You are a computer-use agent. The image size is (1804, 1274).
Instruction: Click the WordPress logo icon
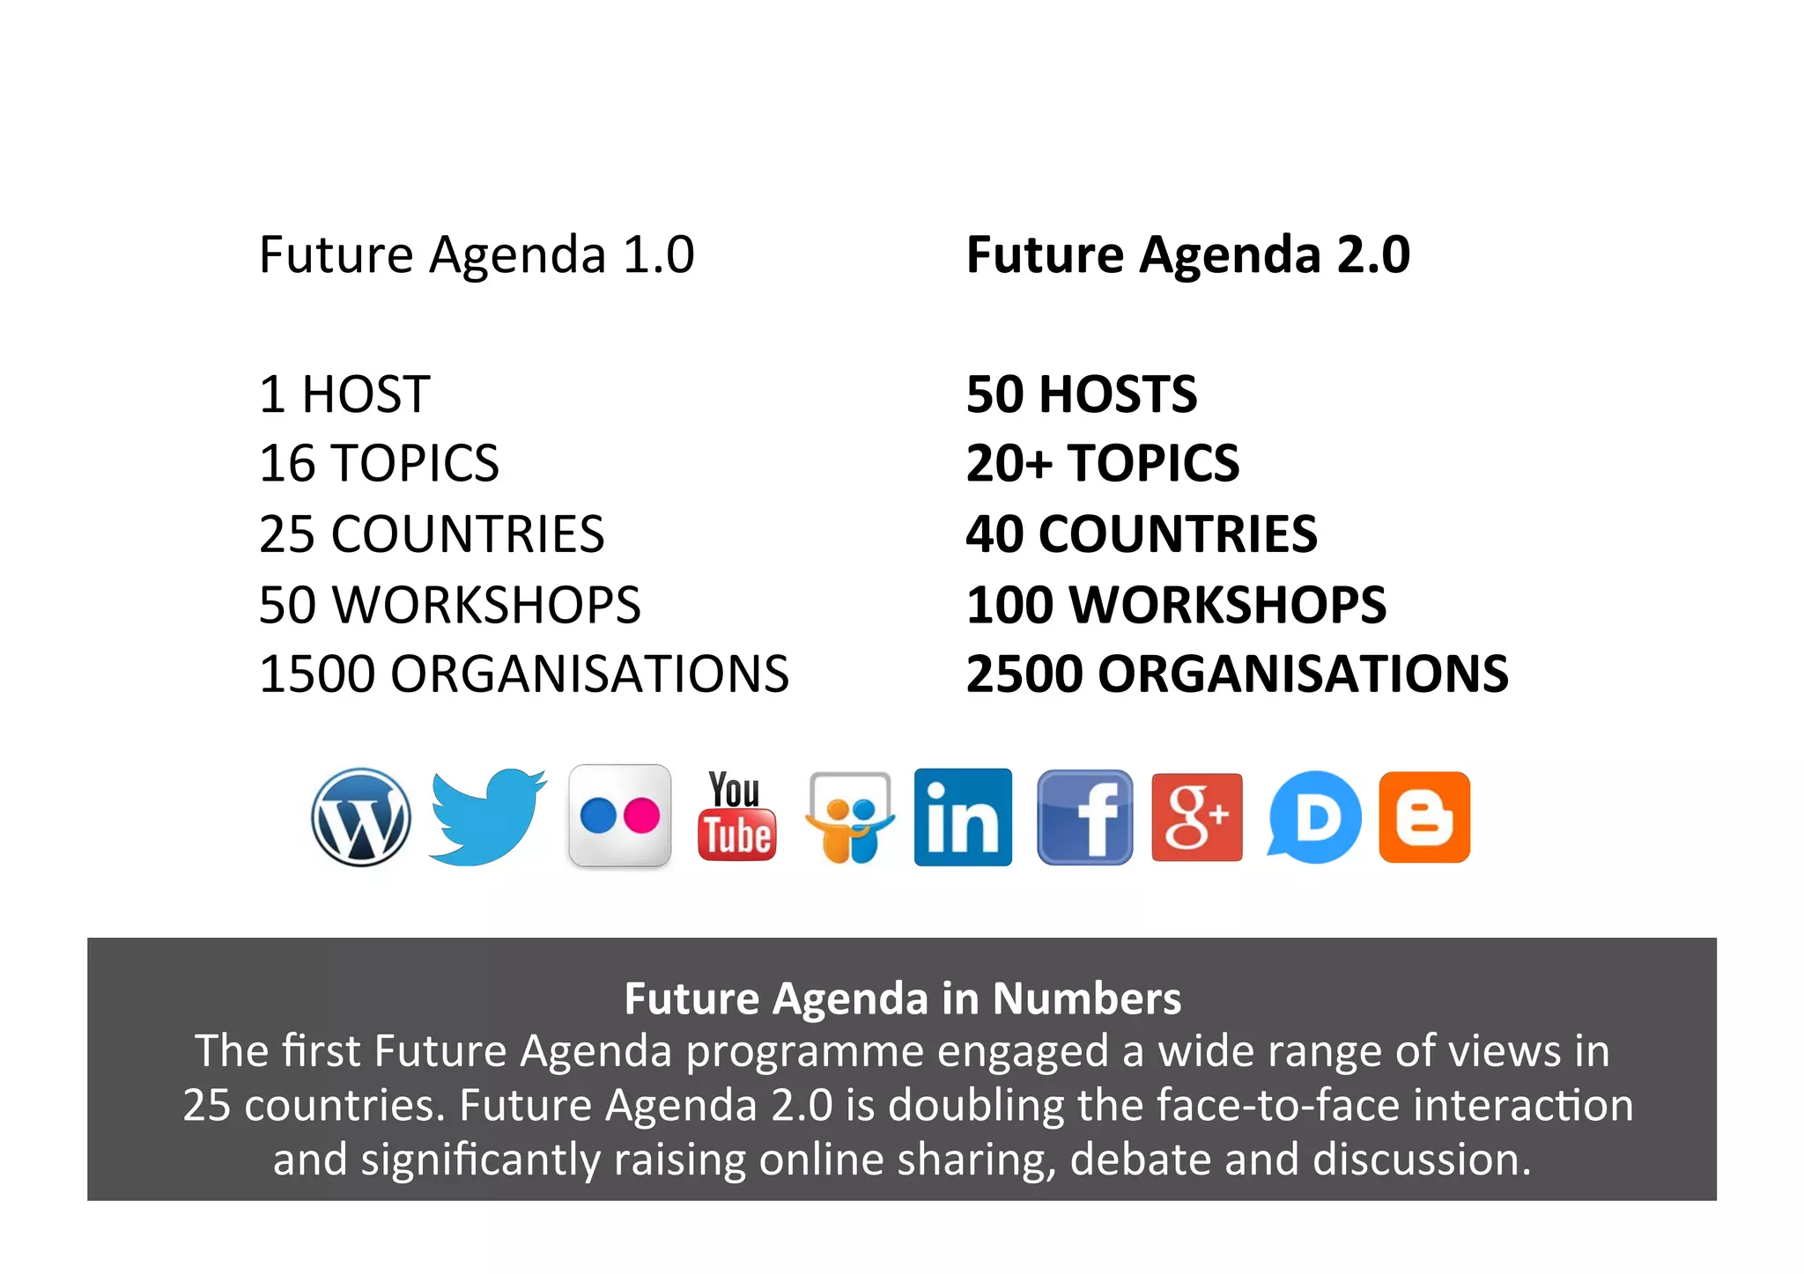coord(361,817)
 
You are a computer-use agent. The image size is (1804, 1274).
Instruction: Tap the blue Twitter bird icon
coord(487,817)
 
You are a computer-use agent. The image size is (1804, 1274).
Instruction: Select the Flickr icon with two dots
coord(620,816)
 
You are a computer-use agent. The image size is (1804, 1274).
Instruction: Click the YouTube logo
coord(736,816)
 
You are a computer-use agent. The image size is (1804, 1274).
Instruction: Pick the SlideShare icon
coord(850,818)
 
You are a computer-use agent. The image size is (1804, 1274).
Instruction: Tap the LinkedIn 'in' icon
coord(963,817)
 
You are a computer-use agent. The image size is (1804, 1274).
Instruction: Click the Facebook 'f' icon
coord(1084,817)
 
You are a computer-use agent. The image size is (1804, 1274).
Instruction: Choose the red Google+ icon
coord(1197,817)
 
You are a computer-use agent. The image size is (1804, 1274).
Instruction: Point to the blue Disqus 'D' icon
coord(1314,817)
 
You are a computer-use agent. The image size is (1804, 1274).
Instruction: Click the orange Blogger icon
coord(1424,817)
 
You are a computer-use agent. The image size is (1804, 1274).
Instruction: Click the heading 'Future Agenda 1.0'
coord(477,255)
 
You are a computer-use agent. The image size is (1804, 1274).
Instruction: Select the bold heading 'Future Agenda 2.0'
coord(1188,255)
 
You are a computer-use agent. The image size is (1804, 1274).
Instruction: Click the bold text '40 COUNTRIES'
coord(1142,534)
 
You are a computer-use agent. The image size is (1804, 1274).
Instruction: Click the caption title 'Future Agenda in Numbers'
coord(903,998)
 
